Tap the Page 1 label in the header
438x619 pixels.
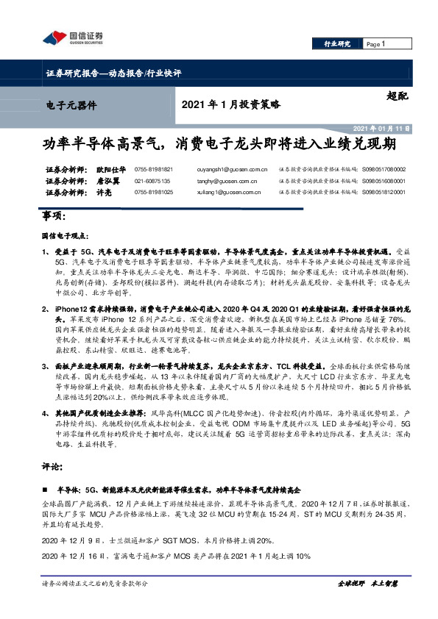point(376,44)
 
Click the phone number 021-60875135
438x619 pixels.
point(152,180)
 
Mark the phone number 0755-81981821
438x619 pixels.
point(154,168)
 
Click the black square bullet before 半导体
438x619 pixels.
point(45,488)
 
